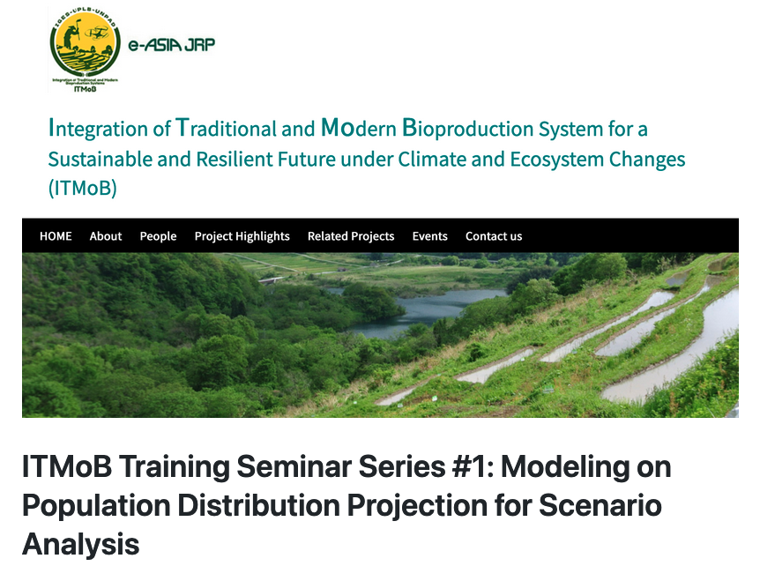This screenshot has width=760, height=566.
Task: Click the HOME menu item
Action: [56, 236]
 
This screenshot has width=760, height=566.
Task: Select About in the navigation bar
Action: [106, 236]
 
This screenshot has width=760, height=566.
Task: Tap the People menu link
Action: [158, 236]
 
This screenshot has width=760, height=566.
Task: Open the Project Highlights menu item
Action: [242, 236]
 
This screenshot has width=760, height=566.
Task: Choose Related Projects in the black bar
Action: [351, 236]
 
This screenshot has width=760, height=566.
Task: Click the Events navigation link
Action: [429, 236]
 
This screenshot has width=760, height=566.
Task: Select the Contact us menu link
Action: [494, 236]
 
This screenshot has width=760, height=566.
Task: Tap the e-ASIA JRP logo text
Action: [171, 45]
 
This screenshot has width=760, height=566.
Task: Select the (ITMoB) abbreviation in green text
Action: [82, 188]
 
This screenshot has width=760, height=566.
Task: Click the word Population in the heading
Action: [95, 506]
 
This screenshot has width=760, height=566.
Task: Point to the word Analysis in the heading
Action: [80, 544]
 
